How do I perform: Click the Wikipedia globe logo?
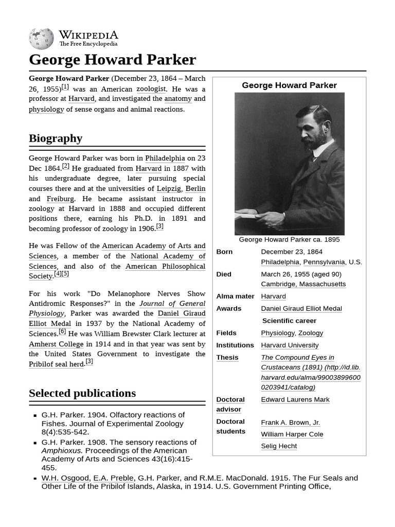[41, 39]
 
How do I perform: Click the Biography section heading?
[56, 138]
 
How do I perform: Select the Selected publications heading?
[82, 393]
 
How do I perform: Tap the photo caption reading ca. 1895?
[289, 239]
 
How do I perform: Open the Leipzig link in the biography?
[169, 188]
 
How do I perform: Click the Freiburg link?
[60, 199]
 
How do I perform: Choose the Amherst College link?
[56, 344]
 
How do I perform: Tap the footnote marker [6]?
[62, 331]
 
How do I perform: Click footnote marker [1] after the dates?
[65, 86]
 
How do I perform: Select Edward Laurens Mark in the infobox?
[295, 399]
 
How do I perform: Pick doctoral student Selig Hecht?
[279, 446]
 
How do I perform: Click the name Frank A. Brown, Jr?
[290, 422]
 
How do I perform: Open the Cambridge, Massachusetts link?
[303, 284]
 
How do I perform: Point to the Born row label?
[224, 252]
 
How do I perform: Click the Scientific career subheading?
[289, 321]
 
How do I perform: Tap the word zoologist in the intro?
[151, 89]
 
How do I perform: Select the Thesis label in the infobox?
[227, 357]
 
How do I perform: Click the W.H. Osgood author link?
[65, 478]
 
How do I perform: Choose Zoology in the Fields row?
[311, 333]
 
